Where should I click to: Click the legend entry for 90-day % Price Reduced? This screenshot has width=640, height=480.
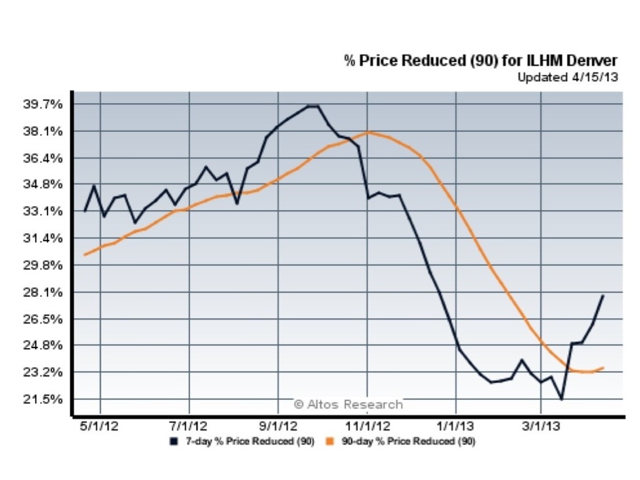click(x=400, y=442)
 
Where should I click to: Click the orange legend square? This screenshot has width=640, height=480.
click(x=329, y=442)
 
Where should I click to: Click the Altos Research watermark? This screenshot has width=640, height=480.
click(x=348, y=404)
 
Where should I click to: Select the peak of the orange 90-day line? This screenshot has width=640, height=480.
click(x=369, y=132)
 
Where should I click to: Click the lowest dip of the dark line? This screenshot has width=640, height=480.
click(x=562, y=399)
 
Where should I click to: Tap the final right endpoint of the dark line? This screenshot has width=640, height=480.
click(x=603, y=295)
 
